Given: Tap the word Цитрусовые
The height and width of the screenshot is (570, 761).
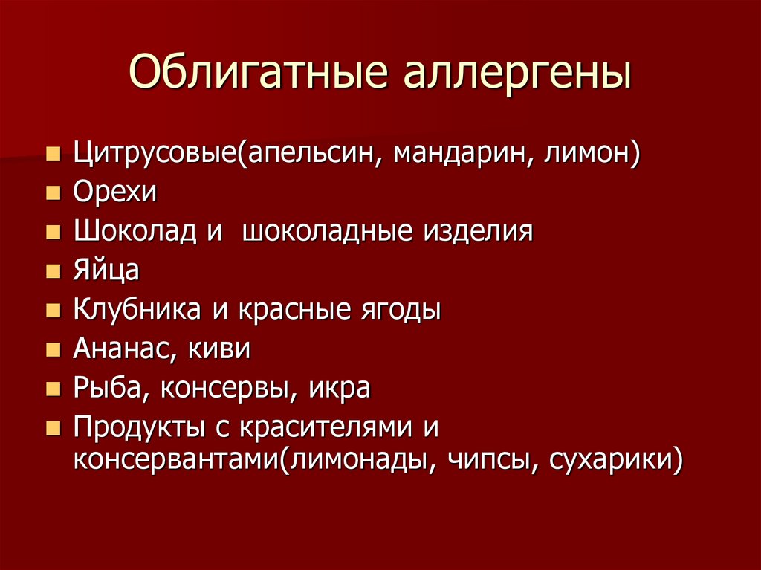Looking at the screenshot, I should click(x=155, y=154).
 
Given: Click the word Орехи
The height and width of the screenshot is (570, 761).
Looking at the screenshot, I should click(x=115, y=192).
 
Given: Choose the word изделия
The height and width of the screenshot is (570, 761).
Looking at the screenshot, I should click(x=478, y=231).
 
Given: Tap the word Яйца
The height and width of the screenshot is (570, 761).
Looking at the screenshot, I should click(x=106, y=271).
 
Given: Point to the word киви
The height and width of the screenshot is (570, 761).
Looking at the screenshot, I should click(x=219, y=349).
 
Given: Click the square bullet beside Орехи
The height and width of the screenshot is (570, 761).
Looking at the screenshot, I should click(x=54, y=193).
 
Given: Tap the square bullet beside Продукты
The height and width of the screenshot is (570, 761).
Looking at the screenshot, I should click(x=54, y=428).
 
